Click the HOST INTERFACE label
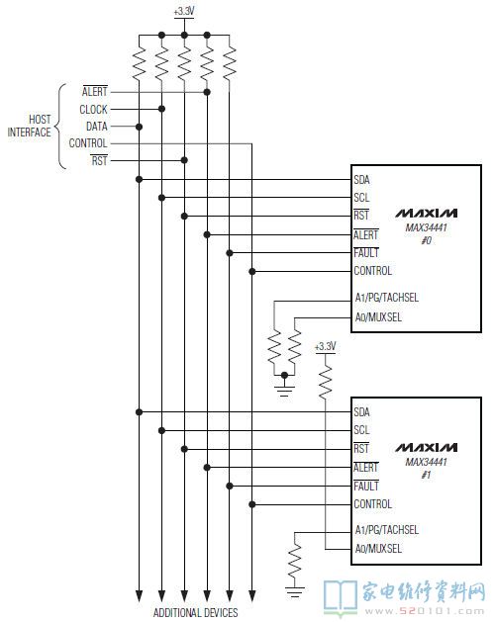(30, 126)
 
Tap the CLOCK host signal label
(93, 109)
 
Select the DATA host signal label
(97, 127)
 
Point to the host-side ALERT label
(95, 92)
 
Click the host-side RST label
(99, 160)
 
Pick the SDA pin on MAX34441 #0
(361, 180)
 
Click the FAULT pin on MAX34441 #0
(366, 253)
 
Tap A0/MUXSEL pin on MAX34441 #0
(378, 317)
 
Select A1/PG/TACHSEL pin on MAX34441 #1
(387, 530)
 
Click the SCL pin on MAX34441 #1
(361, 430)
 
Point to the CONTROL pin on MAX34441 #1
(373, 504)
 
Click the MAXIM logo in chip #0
(426, 214)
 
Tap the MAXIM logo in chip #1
(426, 447)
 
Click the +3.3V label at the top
(184, 11)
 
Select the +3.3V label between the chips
(326, 346)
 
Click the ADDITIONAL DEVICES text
(195, 612)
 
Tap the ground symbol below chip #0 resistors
(284, 391)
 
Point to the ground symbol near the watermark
(295, 592)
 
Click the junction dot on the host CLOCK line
(161, 109)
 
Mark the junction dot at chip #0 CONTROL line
(252, 271)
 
